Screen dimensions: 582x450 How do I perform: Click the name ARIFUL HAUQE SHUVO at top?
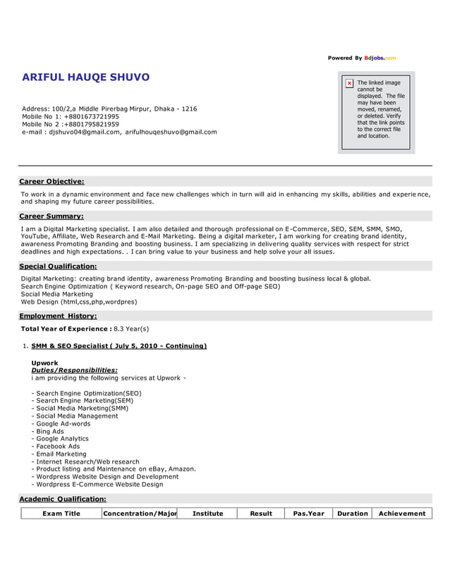pos(85,77)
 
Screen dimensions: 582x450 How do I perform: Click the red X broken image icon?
pos(349,83)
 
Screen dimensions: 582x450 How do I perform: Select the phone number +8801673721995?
pos(91,116)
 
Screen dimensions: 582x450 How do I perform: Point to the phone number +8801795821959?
pos(91,124)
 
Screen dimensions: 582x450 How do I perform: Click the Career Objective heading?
pos(51,181)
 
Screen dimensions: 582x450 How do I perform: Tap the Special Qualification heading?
pos(58,266)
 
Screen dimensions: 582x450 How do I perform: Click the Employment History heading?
pos(58,316)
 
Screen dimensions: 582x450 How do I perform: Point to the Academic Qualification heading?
pos(62,499)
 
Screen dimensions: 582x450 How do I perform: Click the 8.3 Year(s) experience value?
pos(131,328)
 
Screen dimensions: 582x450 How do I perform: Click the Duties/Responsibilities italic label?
pos(74,370)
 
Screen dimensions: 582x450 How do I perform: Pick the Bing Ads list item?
pos(50,431)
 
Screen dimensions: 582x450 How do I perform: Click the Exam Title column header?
pos(61,514)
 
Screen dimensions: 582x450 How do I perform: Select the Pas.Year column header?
pos(308,514)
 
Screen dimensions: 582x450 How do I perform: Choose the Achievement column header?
pos(402,514)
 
